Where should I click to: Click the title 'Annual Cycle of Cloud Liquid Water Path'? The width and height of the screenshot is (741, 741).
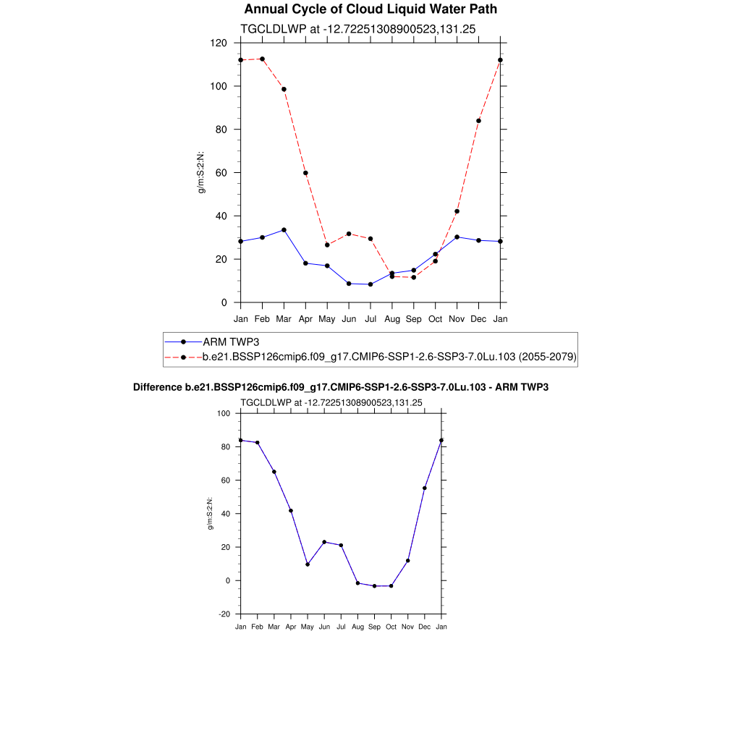pyautogui.click(x=370, y=9)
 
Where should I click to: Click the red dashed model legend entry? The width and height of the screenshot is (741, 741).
pyautogui.click(x=389, y=357)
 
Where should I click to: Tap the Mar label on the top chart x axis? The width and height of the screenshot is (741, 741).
pyautogui.click(x=284, y=318)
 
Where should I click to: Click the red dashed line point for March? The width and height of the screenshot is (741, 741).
pyautogui.click(x=284, y=89)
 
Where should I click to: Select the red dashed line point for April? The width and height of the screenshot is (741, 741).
pyautogui.click(x=305, y=173)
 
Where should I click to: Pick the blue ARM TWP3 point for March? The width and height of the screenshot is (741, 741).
pyautogui.click(x=284, y=230)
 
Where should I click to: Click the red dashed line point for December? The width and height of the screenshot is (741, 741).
pyautogui.click(x=478, y=121)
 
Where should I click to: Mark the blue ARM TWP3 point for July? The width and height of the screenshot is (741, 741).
pyautogui.click(x=370, y=284)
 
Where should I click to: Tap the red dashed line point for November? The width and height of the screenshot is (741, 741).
pyautogui.click(x=457, y=211)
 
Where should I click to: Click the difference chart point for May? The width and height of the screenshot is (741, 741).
pyautogui.click(x=308, y=564)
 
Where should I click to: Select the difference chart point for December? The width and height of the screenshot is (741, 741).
pyautogui.click(x=425, y=488)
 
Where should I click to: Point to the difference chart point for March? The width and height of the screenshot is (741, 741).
pyautogui.click(x=274, y=472)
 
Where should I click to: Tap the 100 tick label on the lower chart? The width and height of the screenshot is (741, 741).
pyautogui.click(x=222, y=414)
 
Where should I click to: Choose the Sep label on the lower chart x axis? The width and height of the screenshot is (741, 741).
pyautogui.click(x=374, y=627)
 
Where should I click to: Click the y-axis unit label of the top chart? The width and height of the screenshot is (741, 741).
pyautogui.click(x=202, y=172)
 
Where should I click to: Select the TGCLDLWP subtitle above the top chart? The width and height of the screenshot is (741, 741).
pyautogui.click(x=357, y=28)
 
